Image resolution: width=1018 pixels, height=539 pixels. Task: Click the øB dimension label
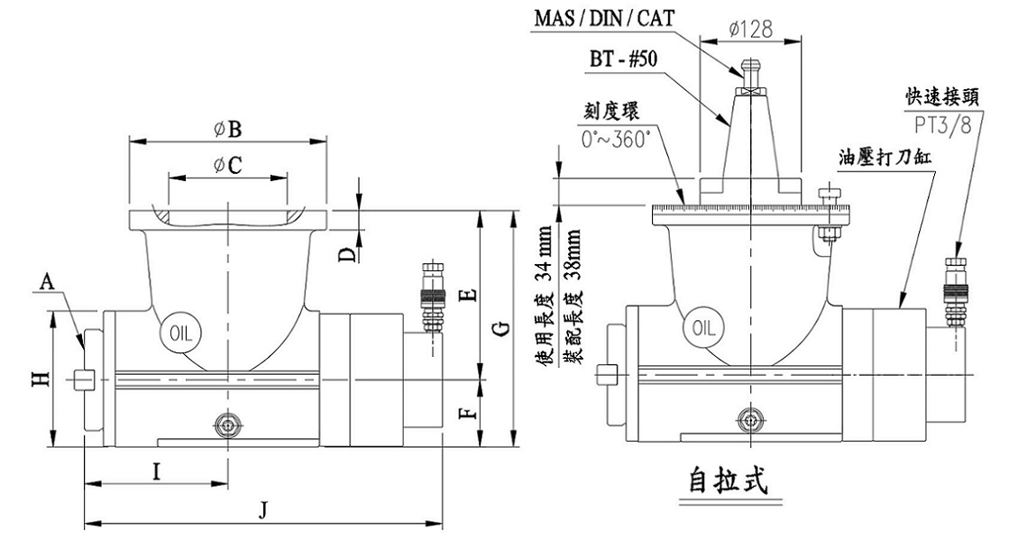click(x=227, y=129)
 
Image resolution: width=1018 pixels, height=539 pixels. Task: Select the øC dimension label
click(x=227, y=164)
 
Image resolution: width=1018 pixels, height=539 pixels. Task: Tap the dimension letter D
click(x=348, y=255)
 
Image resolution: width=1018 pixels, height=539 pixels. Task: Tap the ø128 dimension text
click(x=749, y=29)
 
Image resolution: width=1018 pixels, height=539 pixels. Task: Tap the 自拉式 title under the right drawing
click(x=725, y=480)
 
